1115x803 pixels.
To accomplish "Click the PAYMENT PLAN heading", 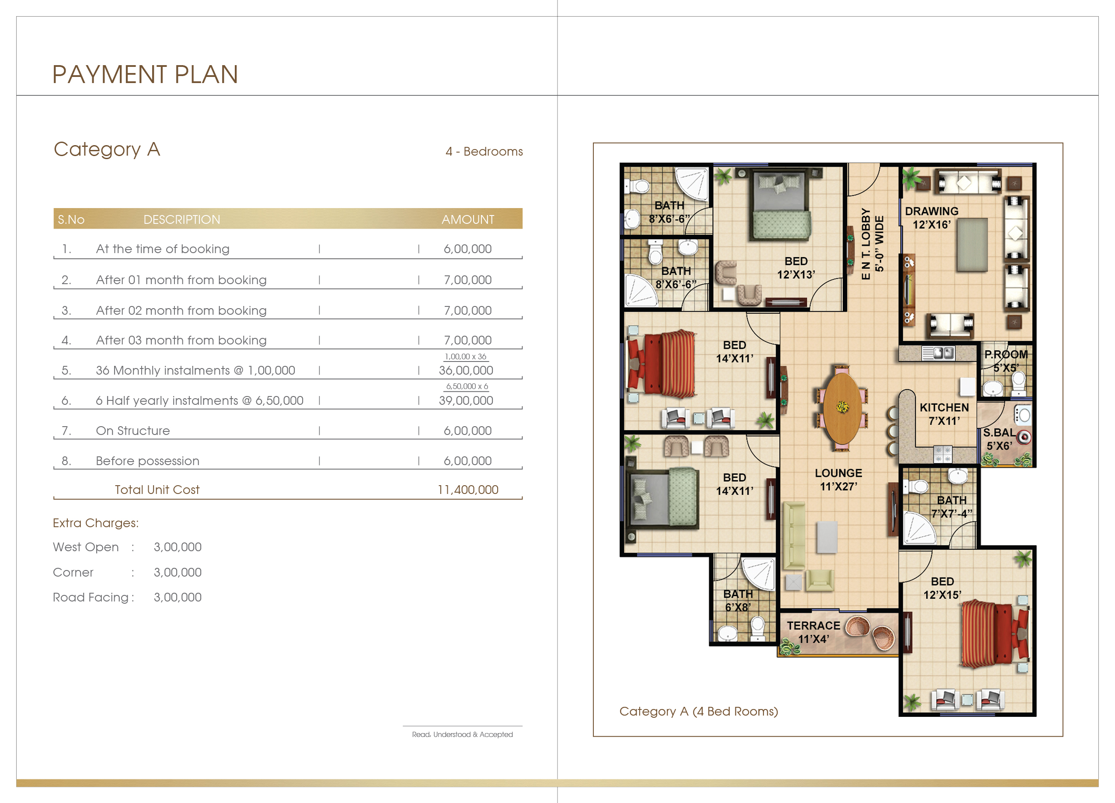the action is tap(145, 74).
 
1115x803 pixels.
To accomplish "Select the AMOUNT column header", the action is tap(467, 220).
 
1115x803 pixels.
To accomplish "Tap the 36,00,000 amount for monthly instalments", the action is tap(466, 371).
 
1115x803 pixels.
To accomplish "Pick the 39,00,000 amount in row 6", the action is tap(466, 400).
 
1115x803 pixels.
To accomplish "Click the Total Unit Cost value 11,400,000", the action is tap(467, 490).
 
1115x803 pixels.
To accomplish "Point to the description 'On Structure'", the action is tap(133, 431).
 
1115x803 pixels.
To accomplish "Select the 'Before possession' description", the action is tap(147, 461).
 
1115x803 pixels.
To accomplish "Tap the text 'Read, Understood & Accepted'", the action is tap(462, 734).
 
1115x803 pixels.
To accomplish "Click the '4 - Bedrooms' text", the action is tap(484, 151).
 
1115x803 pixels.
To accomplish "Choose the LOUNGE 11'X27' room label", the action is tap(838, 480).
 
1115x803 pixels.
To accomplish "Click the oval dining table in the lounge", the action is tap(842, 407).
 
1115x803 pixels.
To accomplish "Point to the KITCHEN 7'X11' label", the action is tap(944, 414).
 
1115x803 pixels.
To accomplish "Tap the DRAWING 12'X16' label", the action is tap(932, 218).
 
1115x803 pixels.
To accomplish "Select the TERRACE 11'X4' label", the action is tap(813, 633).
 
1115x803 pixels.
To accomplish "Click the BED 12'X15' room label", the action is tap(942, 588).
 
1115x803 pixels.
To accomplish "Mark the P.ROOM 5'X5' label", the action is tap(1006, 361).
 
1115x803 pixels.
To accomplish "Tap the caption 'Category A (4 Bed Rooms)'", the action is tap(699, 712).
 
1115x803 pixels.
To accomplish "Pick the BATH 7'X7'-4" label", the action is tap(952, 507).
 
